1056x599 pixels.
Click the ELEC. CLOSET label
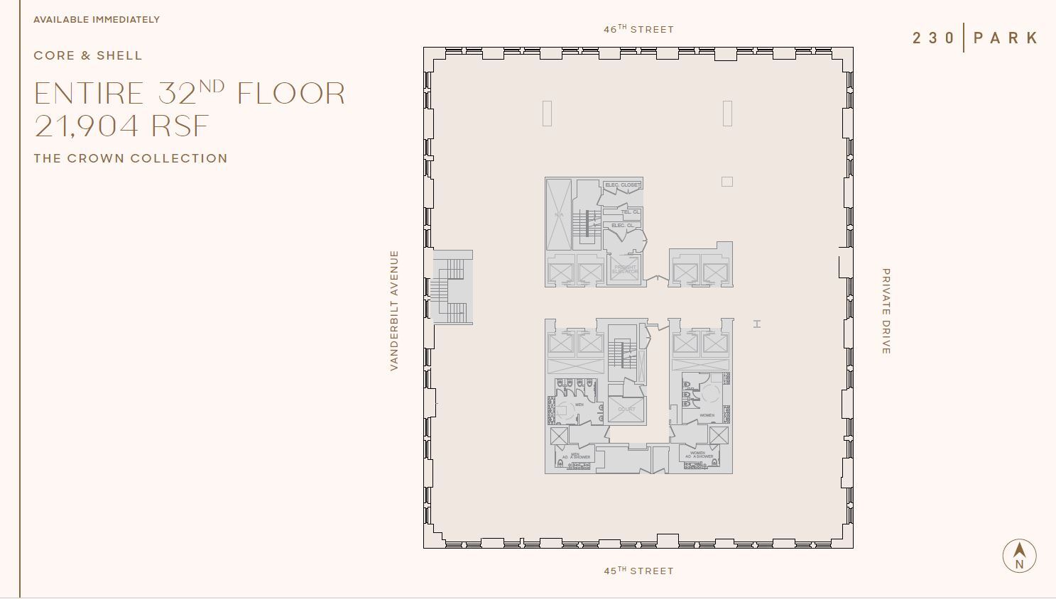pyautogui.click(x=622, y=185)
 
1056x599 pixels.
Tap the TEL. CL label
pyautogui.click(x=630, y=211)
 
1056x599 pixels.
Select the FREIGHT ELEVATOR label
pyautogui.click(x=625, y=270)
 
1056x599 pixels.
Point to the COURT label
pyautogui.click(x=626, y=410)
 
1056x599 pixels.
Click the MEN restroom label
pyautogui.click(x=579, y=405)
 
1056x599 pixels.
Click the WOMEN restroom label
pyautogui.click(x=707, y=415)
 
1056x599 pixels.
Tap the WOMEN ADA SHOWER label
pyautogui.click(x=699, y=454)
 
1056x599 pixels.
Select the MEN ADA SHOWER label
pyautogui.click(x=576, y=456)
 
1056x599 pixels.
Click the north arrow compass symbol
pyautogui.click(x=1019, y=556)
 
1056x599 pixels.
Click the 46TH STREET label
pyautogui.click(x=638, y=29)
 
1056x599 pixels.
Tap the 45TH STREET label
pyautogui.click(x=638, y=571)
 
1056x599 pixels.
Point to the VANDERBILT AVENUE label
pyautogui.click(x=394, y=310)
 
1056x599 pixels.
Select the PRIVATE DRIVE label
pyautogui.click(x=886, y=311)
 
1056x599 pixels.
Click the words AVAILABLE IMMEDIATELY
pyautogui.click(x=97, y=19)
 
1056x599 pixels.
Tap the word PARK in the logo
pyautogui.click(x=1006, y=38)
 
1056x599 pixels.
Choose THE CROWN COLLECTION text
pyautogui.click(x=131, y=158)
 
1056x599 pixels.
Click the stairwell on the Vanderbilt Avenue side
pyautogui.click(x=452, y=287)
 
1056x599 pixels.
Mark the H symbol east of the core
pyautogui.click(x=757, y=324)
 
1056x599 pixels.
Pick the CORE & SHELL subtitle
pyautogui.click(x=88, y=55)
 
